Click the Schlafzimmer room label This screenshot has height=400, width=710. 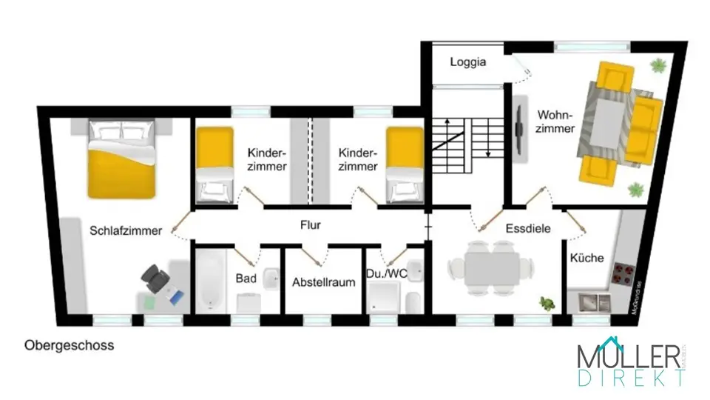coord(126,230)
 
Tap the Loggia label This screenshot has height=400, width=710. coord(468,62)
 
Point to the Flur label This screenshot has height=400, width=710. coord(311,224)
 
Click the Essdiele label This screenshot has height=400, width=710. coord(528,229)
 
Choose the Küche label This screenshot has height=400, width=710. coord(586,259)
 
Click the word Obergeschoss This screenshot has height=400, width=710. coord(70,345)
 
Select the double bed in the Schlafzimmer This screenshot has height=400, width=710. coord(122,160)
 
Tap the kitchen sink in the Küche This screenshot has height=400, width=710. coord(595,302)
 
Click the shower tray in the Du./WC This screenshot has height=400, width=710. coord(382,299)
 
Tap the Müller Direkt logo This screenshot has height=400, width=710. coord(630,362)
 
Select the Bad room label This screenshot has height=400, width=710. coord(246,279)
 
